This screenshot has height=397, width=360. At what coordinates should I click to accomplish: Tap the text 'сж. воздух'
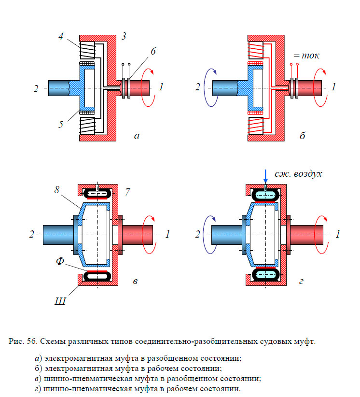[298, 173]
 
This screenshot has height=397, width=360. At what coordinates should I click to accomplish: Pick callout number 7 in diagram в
[127, 192]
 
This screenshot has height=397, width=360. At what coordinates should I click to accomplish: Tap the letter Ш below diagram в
[61, 302]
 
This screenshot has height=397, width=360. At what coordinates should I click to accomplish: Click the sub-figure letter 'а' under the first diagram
[137, 136]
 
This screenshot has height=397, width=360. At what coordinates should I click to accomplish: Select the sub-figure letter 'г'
[302, 282]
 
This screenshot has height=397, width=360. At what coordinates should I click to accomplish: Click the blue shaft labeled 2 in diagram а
[58, 88]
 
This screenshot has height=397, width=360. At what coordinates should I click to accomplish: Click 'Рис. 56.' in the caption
[23, 342]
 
